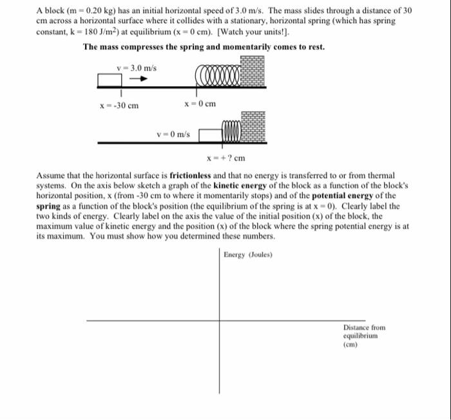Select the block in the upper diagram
point(110,80)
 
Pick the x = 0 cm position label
point(199,104)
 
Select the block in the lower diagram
point(209,135)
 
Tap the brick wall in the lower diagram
point(253,130)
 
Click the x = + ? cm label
point(226,158)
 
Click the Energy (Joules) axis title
point(248,255)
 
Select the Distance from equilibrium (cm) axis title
point(364,335)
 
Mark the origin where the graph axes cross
point(219,320)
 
